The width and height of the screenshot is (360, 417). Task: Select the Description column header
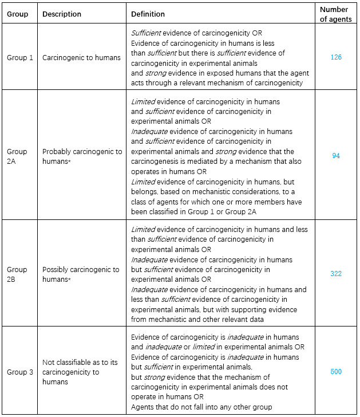tap(62, 14)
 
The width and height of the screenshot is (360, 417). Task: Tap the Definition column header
tap(148, 14)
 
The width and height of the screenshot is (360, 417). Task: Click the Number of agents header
tap(334, 14)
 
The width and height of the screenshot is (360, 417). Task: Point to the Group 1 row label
tap(20, 57)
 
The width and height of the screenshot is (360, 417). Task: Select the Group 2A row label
tap(17, 156)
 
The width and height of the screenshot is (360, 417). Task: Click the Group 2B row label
tap(17, 274)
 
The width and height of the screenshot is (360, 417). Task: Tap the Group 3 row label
tap(20, 372)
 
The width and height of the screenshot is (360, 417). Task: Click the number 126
tap(336, 57)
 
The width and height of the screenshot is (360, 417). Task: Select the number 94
tap(336, 156)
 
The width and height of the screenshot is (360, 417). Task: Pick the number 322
tap(336, 274)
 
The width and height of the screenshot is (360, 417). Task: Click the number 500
tap(336, 372)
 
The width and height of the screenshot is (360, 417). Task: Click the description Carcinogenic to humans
tap(81, 57)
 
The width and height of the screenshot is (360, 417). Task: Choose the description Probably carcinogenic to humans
tap(82, 156)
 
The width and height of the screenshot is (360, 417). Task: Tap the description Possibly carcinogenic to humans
tap(81, 274)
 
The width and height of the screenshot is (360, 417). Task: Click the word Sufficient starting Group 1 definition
tap(145, 33)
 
